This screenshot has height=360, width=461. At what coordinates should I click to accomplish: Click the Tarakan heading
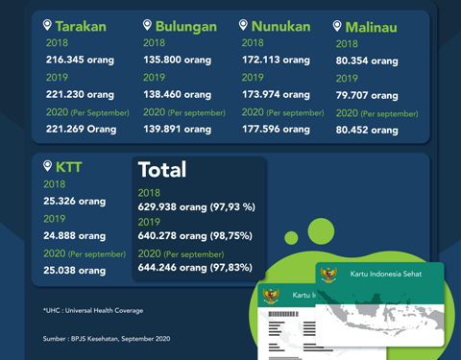coord(81,26)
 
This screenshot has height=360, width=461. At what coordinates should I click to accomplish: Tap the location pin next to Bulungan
coord(147,25)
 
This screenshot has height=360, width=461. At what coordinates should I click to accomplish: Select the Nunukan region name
coord(281,26)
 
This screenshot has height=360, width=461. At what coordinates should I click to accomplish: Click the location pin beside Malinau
coord(337,27)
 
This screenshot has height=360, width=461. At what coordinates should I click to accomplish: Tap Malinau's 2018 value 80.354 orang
coord(367,60)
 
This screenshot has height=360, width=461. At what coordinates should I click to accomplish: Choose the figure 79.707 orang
coord(366,95)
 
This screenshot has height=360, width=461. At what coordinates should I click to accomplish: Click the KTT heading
coord(68,166)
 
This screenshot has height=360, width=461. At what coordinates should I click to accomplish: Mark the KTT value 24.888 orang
coord(75,235)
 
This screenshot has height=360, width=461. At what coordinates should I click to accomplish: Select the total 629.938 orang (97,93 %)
coord(196,205)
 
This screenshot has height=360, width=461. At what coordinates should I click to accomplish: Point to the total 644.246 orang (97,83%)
coord(196,271)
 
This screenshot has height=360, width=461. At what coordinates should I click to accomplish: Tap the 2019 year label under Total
coord(150,221)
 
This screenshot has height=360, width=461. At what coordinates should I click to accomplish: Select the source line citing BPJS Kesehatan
coord(107,339)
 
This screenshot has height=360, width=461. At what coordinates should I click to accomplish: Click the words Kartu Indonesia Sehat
coord(384,276)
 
